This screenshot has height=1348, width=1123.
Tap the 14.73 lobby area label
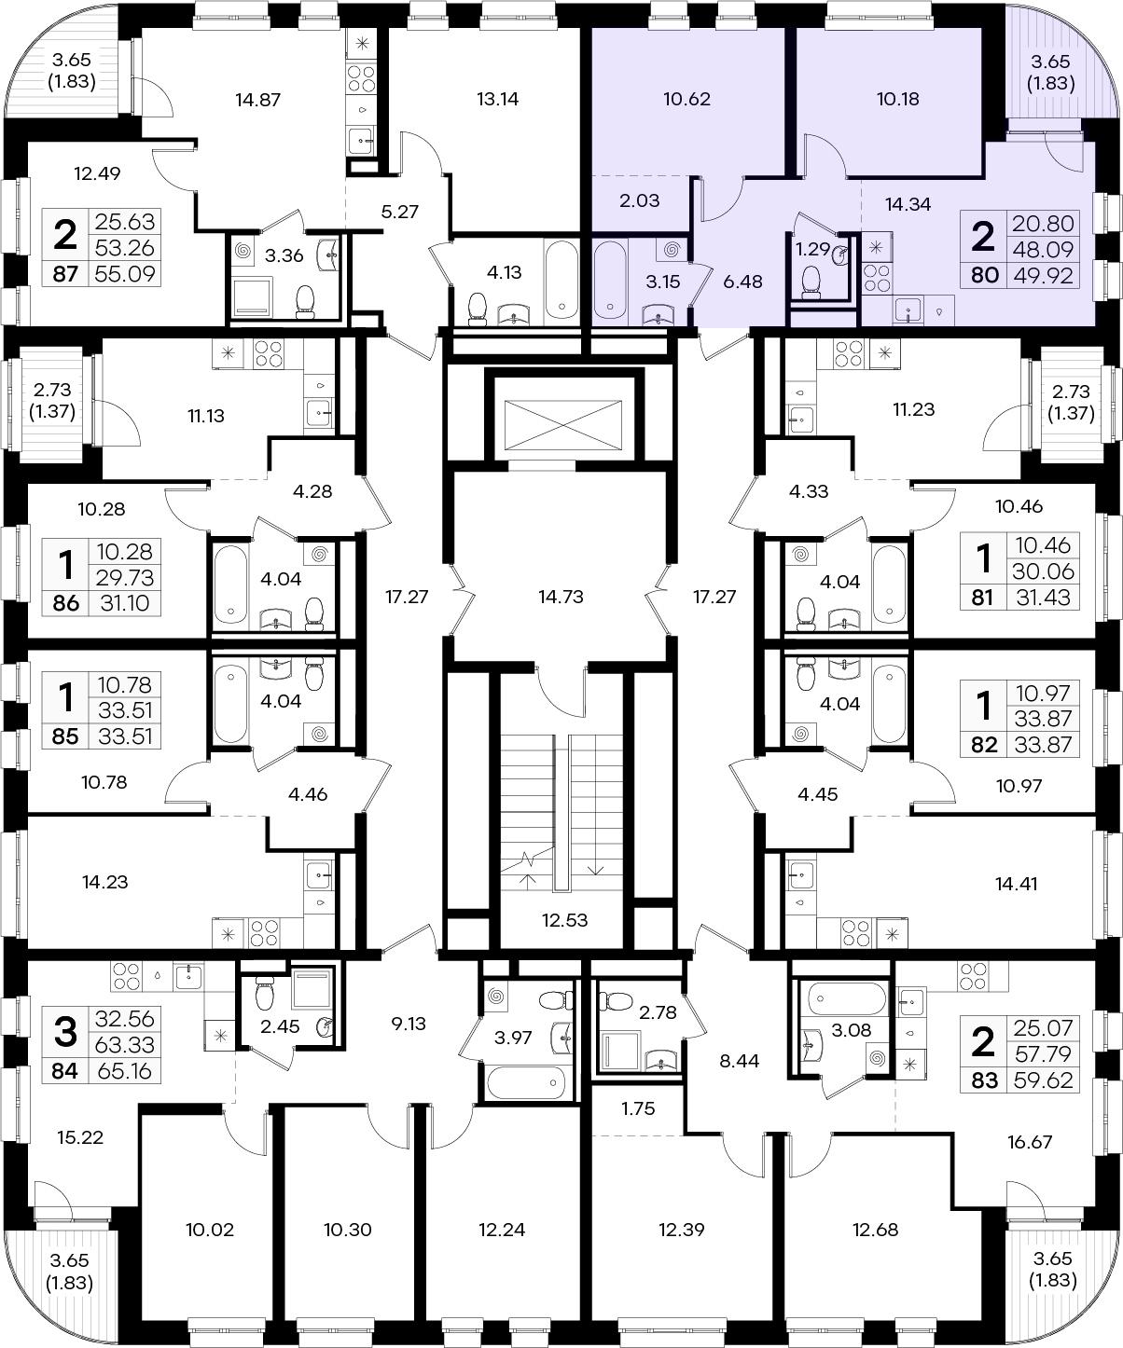click(x=561, y=597)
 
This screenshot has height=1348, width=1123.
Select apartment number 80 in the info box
click(x=984, y=275)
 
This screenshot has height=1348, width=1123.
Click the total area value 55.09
click(x=125, y=274)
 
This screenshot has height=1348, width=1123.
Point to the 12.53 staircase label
click(x=564, y=919)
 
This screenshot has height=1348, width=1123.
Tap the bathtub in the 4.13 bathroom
click(x=561, y=279)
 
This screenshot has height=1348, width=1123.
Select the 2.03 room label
click(x=640, y=200)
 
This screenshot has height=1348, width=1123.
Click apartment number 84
click(x=64, y=1071)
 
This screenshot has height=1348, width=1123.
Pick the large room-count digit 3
click(x=66, y=1031)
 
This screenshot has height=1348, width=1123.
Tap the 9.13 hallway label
click(x=409, y=1024)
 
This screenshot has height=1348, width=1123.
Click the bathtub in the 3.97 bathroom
click(x=526, y=1082)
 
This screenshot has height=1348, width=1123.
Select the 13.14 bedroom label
click(x=497, y=99)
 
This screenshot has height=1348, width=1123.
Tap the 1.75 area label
click(x=638, y=1107)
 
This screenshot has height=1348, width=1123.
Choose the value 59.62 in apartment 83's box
click(x=1044, y=1080)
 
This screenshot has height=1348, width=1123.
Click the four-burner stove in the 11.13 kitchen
click(x=268, y=354)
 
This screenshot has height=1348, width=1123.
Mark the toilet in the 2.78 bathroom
click(x=615, y=1001)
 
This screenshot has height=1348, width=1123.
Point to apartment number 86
click(x=65, y=603)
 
